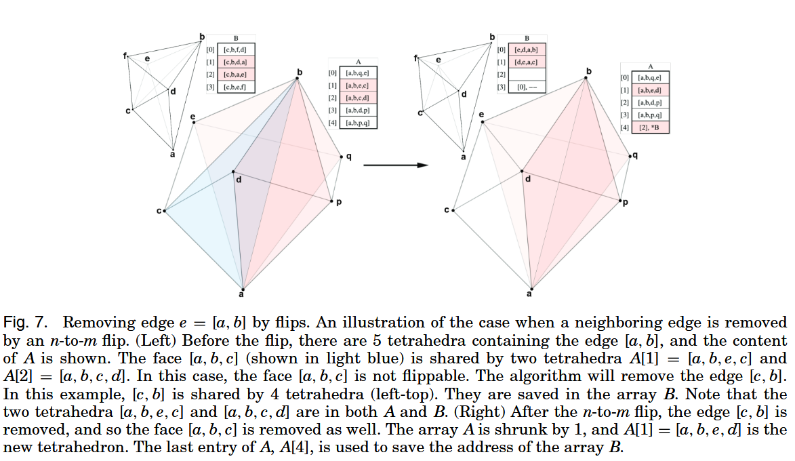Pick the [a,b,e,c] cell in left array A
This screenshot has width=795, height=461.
[x=356, y=85]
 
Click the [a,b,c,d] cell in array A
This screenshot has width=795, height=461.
[x=356, y=98]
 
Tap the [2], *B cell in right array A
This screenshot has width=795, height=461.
[x=650, y=127]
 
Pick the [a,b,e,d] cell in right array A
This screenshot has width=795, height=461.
[x=650, y=90]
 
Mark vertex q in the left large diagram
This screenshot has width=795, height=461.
[x=341, y=157]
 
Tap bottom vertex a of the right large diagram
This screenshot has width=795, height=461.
[x=530, y=287]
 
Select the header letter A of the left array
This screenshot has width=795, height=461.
[x=356, y=62]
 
